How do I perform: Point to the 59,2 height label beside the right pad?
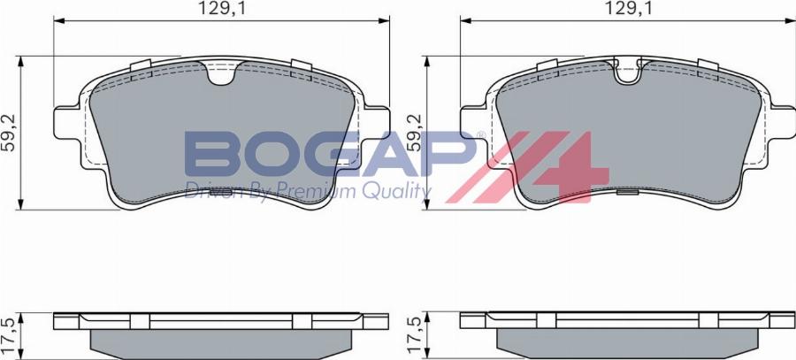413,133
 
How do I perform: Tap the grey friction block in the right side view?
628,341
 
